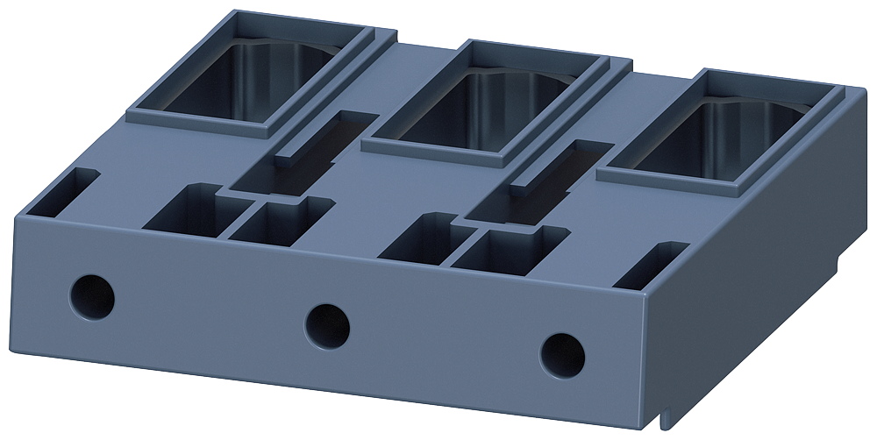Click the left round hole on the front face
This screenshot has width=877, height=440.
(92, 297)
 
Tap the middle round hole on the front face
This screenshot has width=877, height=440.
(327, 324)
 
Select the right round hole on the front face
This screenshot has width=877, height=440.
(562, 355)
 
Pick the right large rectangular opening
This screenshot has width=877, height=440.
(728, 140)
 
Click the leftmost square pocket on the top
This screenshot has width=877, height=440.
(189, 210)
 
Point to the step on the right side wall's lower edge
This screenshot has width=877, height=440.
(840, 263)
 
